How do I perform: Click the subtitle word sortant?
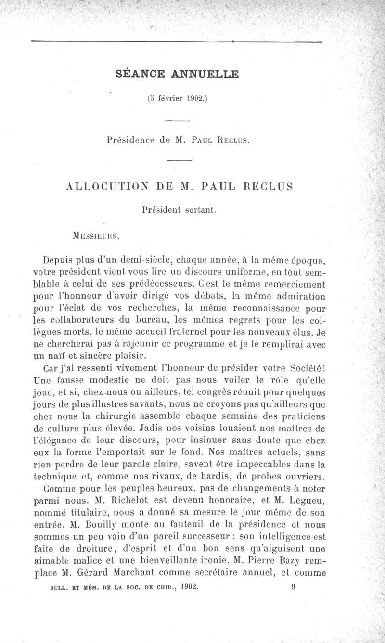(x=197, y=210)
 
